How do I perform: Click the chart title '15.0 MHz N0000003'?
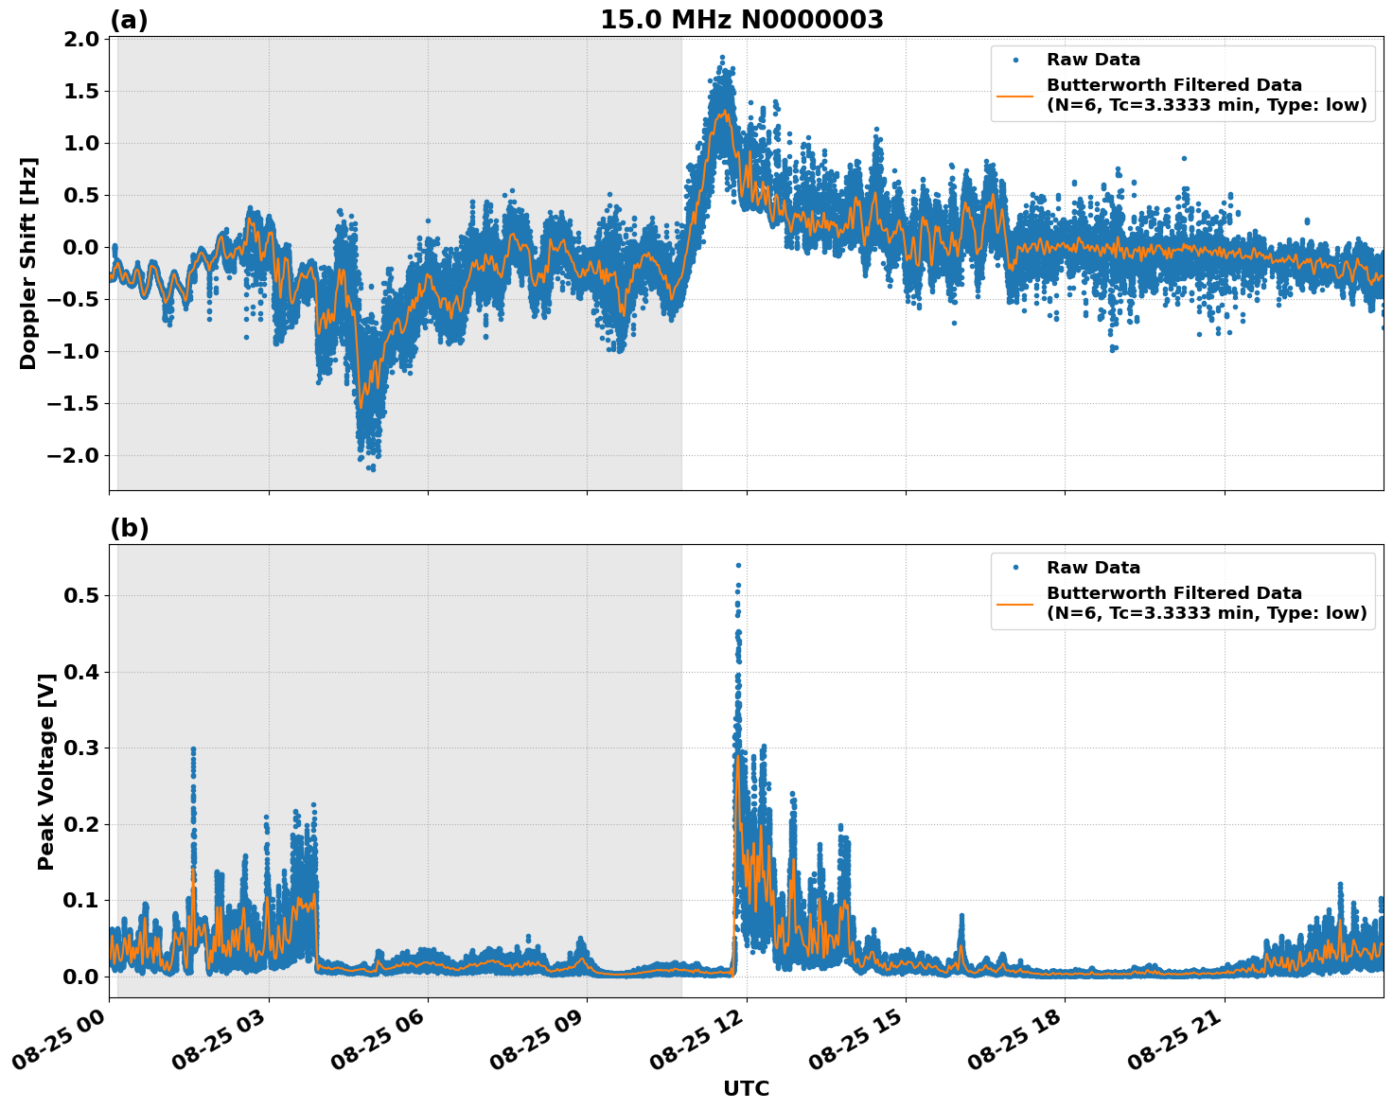(x=741, y=20)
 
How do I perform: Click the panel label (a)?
(x=129, y=20)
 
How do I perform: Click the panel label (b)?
(x=129, y=528)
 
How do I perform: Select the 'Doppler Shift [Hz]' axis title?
(x=28, y=263)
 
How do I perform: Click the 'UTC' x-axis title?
(x=746, y=1088)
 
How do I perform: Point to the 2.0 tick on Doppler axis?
(x=82, y=40)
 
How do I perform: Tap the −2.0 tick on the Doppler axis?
(x=77, y=456)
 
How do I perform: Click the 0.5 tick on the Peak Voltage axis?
(x=82, y=596)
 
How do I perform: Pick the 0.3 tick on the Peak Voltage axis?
(x=82, y=748)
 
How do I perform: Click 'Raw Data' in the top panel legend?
(x=1093, y=61)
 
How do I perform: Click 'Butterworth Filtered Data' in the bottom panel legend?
(x=1173, y=593)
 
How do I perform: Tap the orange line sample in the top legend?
(x=1015, y=95)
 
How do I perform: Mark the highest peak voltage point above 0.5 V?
(x=738, y=566)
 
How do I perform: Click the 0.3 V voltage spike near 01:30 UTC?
(x=193, y=749)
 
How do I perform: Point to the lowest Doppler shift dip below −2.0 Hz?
(x=372, y=468)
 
